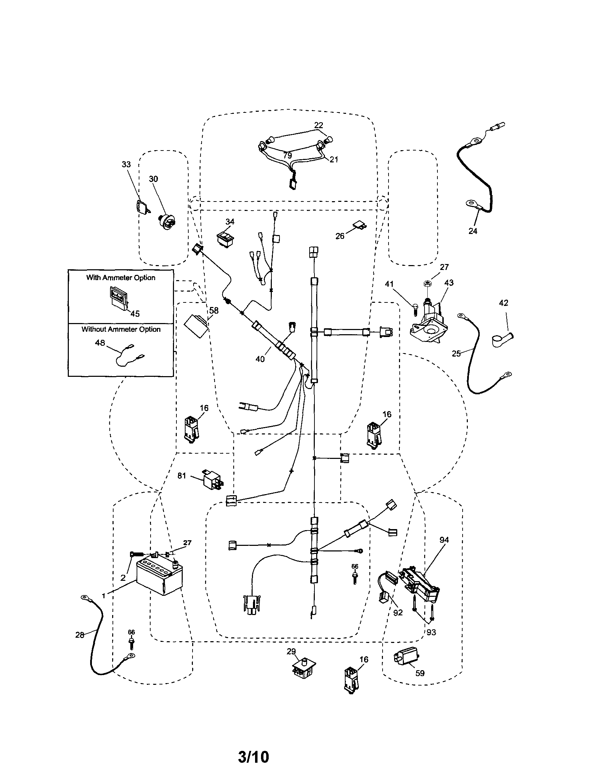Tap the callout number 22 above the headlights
click(x=318, y=125)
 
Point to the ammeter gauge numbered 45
click(x=118, y=298)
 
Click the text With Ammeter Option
click(x=121, y=278)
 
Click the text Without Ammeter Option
click(x=121, y=329)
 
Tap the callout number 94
click(x=444, y=540)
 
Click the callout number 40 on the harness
click(x=260, y=359)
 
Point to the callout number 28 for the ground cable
click(x=80, y=635)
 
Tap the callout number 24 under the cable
click(x=472, y=230)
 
